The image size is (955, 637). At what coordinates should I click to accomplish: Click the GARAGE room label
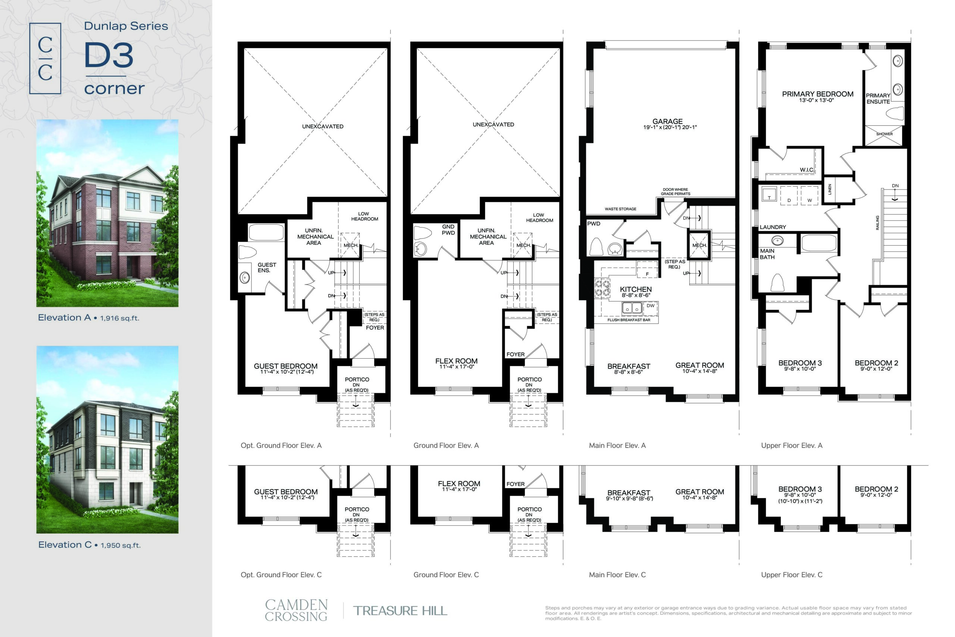click(x=667, y=122)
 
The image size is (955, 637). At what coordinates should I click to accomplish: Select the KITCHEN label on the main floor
click(x=636, y=289)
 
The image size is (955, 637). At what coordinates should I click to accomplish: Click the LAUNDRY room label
click(x=773, y=227)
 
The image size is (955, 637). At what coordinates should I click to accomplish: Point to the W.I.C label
click(x=807, y=170)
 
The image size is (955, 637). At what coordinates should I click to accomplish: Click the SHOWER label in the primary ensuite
click(x=884, y=134)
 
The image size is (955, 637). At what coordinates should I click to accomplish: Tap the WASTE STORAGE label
click(x=620, y=209)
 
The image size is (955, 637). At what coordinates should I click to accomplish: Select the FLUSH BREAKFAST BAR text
click(x=629, y=320)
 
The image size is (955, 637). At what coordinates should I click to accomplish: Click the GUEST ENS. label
click(x=266, y=267)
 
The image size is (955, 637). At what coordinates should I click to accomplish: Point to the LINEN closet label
click(x=830, y=189)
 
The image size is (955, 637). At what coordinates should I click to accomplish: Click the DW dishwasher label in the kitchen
click(x=651, y=306)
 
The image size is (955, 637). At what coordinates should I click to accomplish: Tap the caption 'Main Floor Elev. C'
click(x=617, y=575)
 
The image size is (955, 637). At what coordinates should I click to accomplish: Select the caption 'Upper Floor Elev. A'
click(x=792, y=446)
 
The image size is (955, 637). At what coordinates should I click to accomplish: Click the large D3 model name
click(x=109, y=55)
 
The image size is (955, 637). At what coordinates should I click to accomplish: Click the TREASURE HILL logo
click(x=400, y=611)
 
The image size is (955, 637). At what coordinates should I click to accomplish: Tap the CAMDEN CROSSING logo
click(x=296, y=610)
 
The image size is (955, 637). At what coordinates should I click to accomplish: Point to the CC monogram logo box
click(x=45, y=59)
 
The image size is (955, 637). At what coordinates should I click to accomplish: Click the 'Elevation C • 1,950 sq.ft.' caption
click(x=89, y=545)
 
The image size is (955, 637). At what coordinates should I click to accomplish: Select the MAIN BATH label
click(x=767, y=254)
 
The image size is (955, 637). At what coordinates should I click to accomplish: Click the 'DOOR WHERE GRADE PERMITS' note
click(x=675, y=192)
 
